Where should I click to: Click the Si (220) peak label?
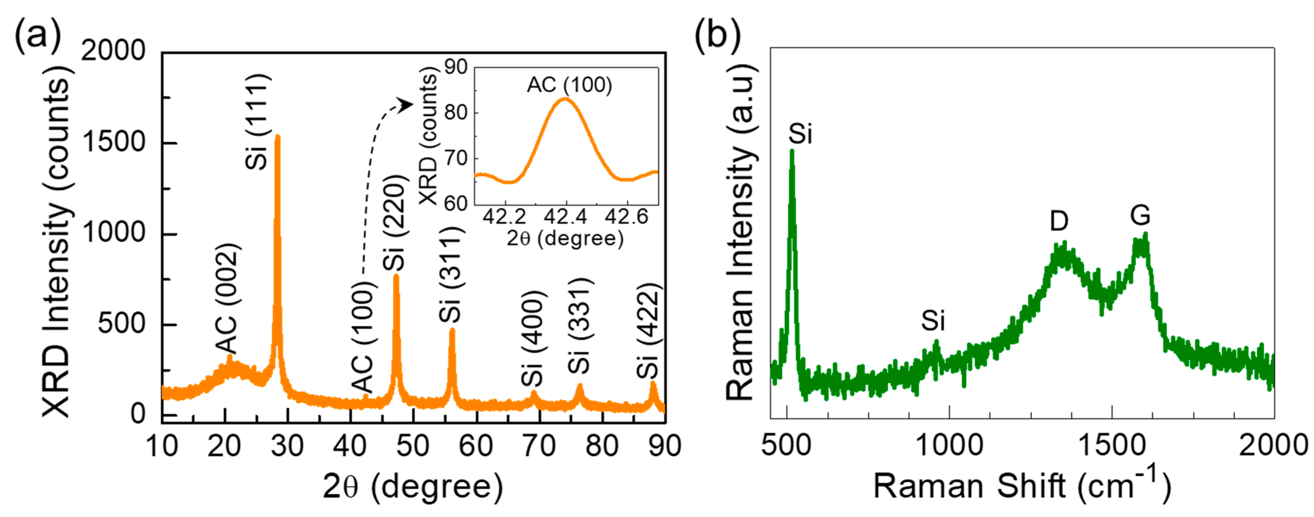pos(394,223)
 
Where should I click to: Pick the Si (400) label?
pos(533,338)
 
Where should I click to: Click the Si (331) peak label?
pos(579,326)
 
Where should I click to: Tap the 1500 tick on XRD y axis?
pos(114,143)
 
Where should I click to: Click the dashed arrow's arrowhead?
pos(407,105)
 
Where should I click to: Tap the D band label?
pos(1059,221)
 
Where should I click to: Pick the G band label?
pos(1140,215)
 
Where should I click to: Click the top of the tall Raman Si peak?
pos(792,151)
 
